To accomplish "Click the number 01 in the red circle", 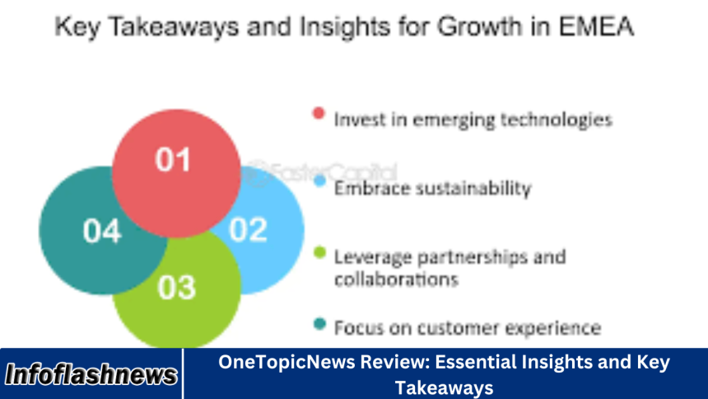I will pyautogui.click(x=173, y=159).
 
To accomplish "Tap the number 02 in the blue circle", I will pyautogui.click(x=249, y=229).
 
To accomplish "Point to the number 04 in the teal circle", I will pyautogui.click(x=103, y=230).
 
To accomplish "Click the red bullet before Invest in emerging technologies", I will pyautogui.click(x=319, y=113).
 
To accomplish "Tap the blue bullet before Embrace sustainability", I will pyautogui.click(x=319, y=182).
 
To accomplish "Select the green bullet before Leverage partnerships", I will pyautogui.click(x=319, y=251).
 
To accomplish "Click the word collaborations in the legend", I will pyautogui.click(x=396, y=279).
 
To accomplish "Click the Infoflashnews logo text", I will pyautogui.click(x=91, y=375).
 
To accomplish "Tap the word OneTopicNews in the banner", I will pyautogui.click(x=276, y=363).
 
